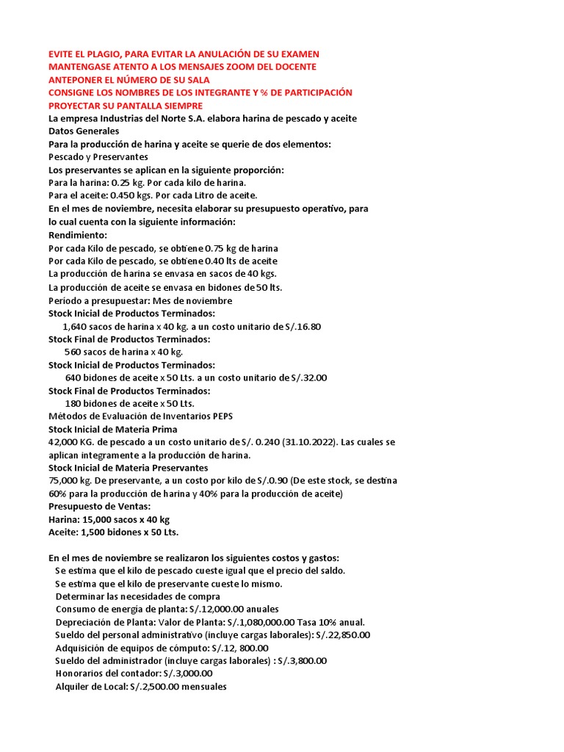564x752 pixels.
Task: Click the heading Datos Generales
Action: point(84,131)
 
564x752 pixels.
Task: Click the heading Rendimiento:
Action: point(78,235)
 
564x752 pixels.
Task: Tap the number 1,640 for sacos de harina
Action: point(77,326)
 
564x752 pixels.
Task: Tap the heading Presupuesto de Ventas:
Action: point(99,506)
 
